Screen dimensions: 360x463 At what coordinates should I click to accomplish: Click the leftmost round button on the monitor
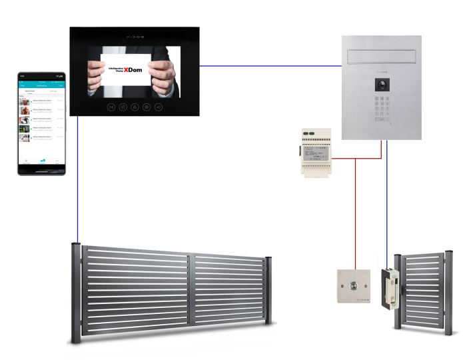111,107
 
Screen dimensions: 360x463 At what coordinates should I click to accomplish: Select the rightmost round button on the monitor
158,107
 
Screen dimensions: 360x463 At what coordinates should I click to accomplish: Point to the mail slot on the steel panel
382,52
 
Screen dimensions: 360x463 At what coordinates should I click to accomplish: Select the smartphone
41,123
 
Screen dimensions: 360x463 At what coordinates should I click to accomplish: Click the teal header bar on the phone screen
41,85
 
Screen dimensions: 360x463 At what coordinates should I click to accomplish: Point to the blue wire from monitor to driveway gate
78,180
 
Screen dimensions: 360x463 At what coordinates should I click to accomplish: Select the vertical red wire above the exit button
355,213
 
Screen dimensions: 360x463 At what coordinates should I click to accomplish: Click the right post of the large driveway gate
268,290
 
